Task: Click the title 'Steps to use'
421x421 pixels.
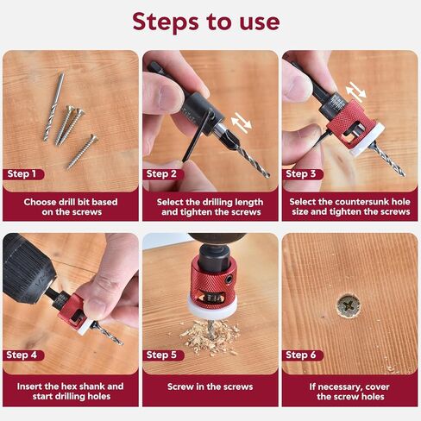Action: coord(210,21)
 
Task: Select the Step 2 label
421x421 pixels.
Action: coord(163,173)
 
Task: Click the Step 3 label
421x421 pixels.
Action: coord(303,173)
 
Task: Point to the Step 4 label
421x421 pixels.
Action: coord(23,355)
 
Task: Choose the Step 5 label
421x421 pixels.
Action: coord(163,355)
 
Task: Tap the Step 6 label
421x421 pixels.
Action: coord(303,355)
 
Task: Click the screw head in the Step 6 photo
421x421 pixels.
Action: coord(350,303)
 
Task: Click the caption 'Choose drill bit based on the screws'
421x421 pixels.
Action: coord(70,207)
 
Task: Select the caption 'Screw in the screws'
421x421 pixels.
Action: coord(210,386)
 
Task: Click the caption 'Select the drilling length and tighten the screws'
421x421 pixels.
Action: coord(210,207)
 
